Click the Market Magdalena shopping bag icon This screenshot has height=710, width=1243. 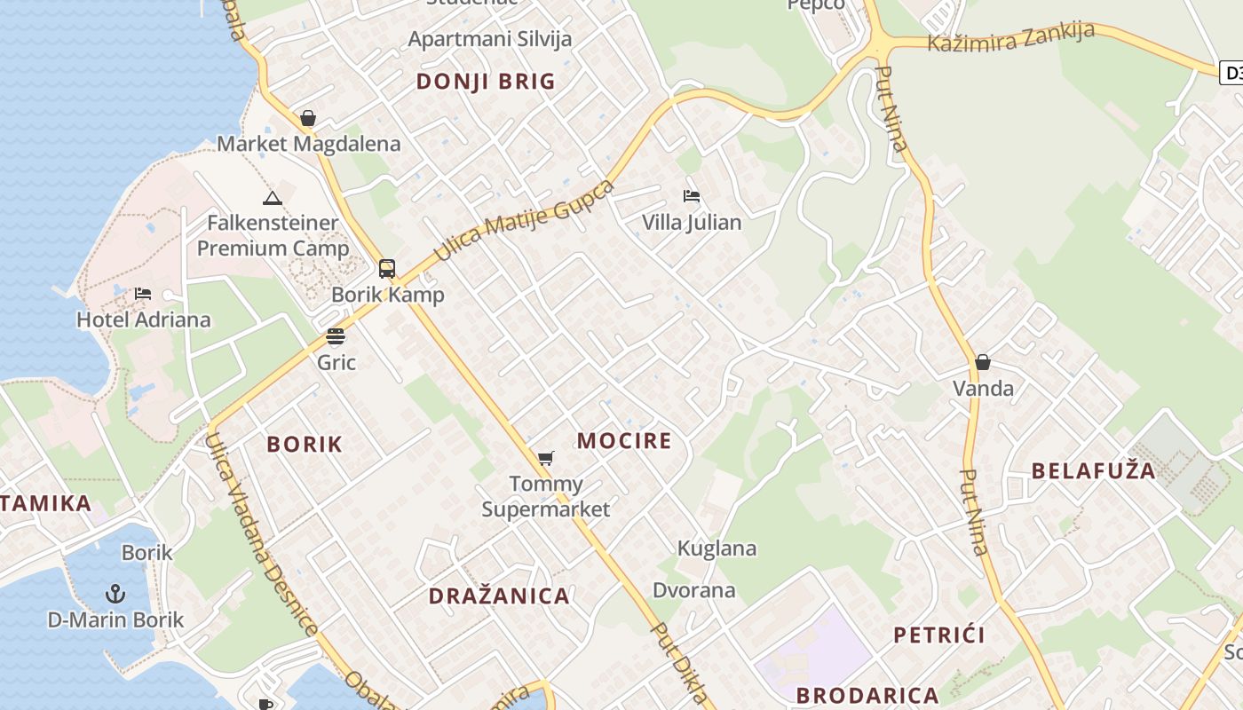308,118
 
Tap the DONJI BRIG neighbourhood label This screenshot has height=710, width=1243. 486,82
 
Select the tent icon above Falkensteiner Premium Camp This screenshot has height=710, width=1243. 273,198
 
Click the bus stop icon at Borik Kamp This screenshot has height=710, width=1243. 387,269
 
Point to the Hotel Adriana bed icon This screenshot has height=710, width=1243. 143,294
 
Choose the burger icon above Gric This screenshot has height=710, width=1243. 336,336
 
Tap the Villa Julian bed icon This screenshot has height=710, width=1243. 692,196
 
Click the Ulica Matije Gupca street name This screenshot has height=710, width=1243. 524,221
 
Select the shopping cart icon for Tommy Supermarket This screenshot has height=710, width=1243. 546,459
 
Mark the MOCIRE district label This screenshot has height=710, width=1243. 624,441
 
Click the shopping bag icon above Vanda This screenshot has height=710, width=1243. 983,362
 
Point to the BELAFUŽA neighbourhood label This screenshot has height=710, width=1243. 1094,470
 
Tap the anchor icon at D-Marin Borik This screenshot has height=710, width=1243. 115,593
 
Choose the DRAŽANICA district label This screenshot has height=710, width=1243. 499,596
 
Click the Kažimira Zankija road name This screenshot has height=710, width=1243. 1010,37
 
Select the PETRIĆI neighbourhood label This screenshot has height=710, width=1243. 939,635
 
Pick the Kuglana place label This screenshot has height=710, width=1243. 717,548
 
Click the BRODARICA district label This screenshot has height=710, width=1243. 867,695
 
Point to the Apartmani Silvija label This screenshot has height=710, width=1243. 490,39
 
